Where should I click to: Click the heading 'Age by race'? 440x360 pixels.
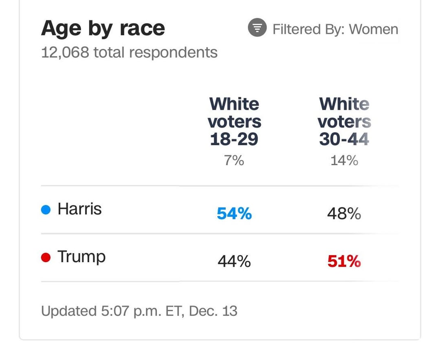(103, 29)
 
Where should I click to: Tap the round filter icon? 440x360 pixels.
(257, 27)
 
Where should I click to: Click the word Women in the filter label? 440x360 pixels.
(373, 29)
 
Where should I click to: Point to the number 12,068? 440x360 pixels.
(65, 53)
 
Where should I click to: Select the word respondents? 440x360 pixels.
(173, 53)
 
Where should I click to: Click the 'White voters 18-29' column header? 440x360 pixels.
(234, 121)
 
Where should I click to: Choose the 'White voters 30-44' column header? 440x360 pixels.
(344, 121)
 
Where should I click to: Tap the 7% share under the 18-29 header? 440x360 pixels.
(234, 161)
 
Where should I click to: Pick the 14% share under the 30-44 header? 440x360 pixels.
(344, 161)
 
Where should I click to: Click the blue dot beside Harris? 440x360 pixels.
(46, 210)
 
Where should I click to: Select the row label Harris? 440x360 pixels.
(80, 209)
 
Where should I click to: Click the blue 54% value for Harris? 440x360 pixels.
(234, 213)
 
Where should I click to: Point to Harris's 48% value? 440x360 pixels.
(344, 213)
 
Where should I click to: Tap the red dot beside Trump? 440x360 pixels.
(46, 257)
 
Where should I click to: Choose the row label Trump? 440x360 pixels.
(81, 257)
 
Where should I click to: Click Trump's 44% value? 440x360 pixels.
(234, 261)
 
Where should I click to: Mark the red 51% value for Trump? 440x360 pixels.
(344, 261)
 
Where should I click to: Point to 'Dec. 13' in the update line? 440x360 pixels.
(213, 311)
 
